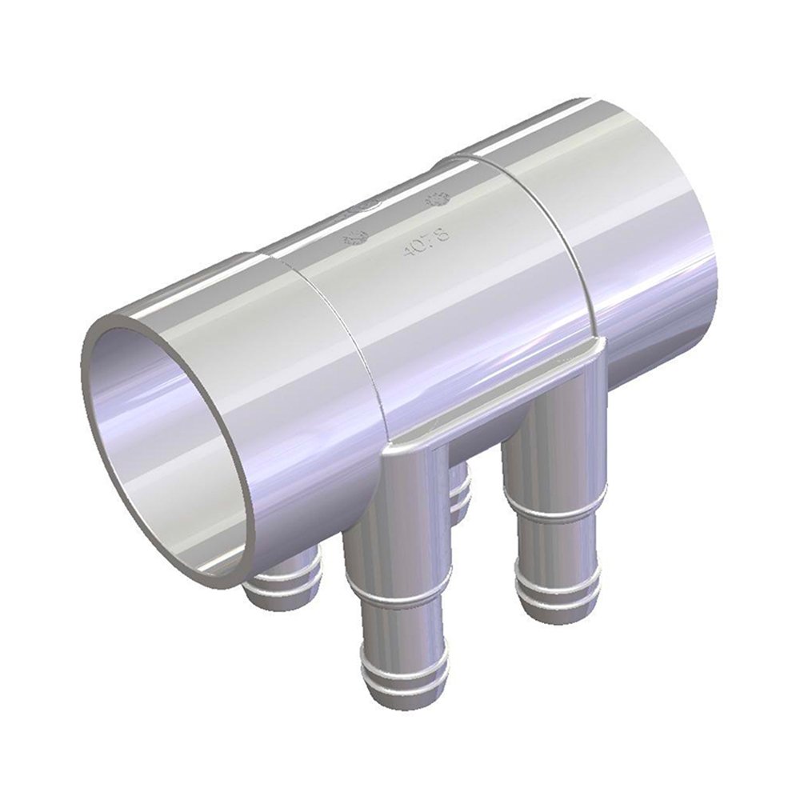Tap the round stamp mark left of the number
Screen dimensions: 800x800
point(354,237)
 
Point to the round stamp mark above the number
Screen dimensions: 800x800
point(438,199)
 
